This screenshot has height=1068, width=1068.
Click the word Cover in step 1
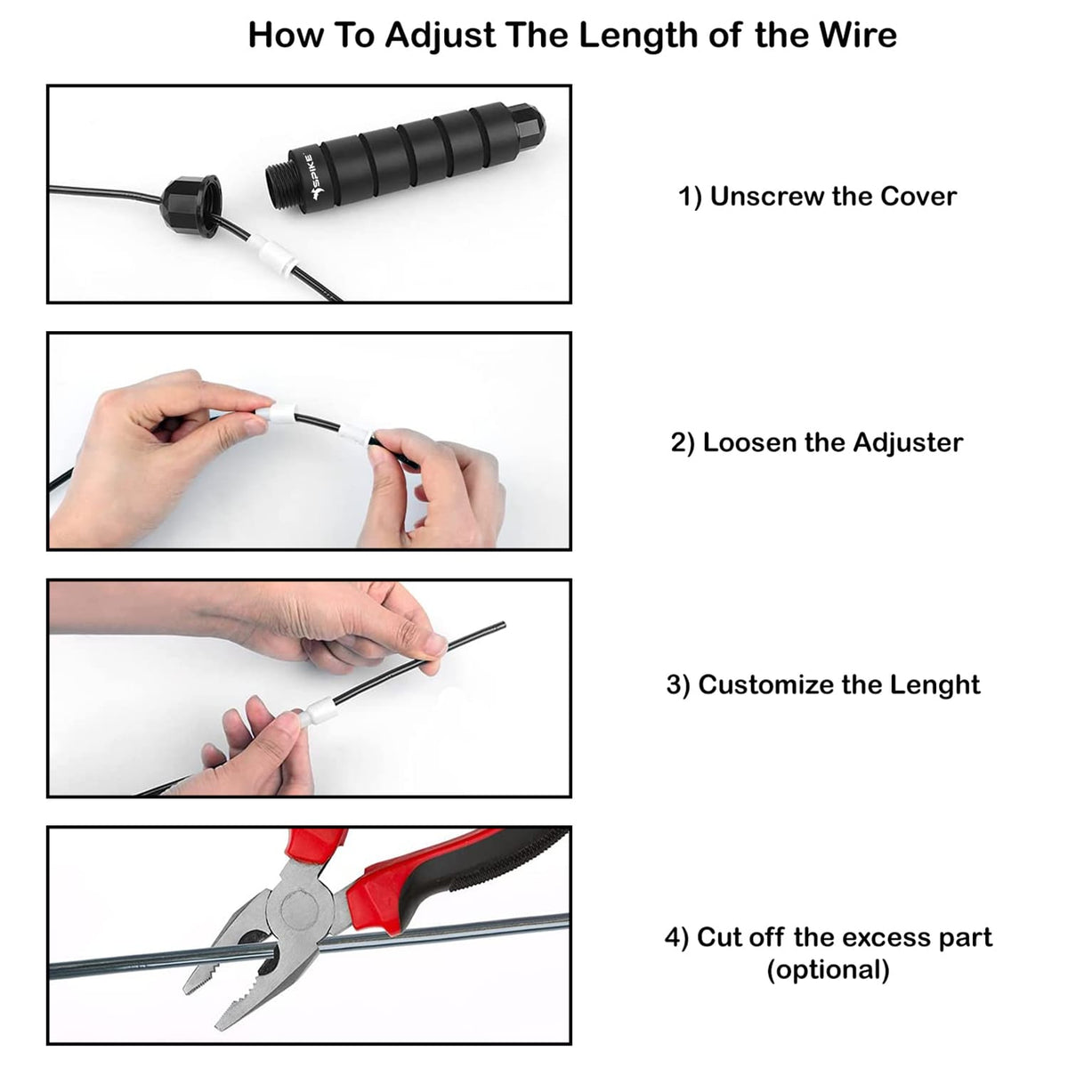(x=918, y=196)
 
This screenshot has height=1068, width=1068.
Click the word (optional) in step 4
(x=828, y=969)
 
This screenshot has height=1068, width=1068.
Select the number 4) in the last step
(x=676, y=937)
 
